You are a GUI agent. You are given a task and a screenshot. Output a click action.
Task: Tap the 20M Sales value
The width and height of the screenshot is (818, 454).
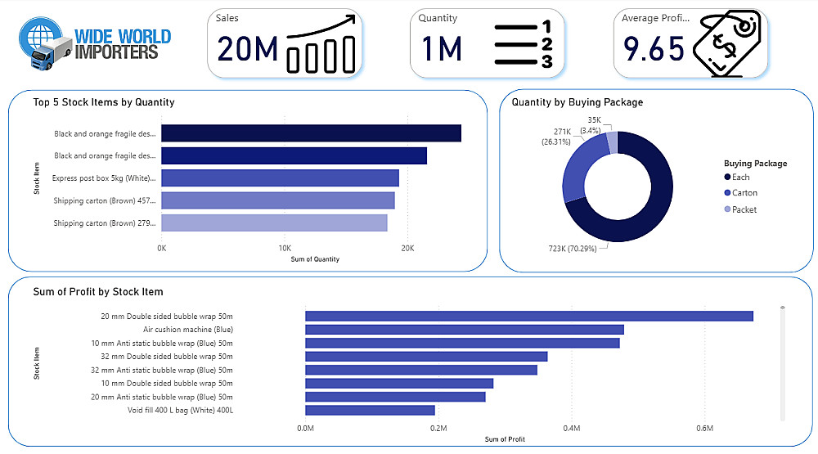coord(248,49)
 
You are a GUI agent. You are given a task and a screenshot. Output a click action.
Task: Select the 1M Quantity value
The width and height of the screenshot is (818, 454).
coord(443,49)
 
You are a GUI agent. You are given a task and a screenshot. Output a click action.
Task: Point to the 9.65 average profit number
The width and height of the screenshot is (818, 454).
coord(653,49)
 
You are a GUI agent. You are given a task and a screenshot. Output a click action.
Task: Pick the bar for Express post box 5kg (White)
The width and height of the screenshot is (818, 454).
coord(280,178)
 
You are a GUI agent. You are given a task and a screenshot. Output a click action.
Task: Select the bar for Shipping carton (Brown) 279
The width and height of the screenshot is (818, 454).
coord(274,223)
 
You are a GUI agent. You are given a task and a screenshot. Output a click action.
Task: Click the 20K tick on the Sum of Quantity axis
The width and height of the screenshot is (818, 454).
coord(407,248)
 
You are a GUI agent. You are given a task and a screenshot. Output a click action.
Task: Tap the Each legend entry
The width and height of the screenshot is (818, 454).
coord(740,177)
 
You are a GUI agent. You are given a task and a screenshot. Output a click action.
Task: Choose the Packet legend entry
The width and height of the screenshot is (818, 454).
coord(744,209)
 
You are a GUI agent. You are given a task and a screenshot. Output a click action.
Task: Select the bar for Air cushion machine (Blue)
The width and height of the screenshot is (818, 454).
coord(464,330)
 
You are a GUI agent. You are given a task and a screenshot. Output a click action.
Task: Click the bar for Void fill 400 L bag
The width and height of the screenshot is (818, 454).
coord(370,410)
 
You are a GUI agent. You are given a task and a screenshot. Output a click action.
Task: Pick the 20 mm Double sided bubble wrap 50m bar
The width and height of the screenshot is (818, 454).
coord(528,316)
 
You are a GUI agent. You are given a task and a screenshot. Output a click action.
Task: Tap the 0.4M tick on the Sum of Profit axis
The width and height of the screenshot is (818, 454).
coord(571,428)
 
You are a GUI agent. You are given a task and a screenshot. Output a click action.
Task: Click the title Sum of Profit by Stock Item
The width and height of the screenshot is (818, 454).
coord(98,292)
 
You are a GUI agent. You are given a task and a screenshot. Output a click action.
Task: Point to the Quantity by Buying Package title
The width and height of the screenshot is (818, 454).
coord(577,102)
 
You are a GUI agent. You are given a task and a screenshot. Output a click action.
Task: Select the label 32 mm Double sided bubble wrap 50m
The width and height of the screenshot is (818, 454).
coord(167,356)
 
